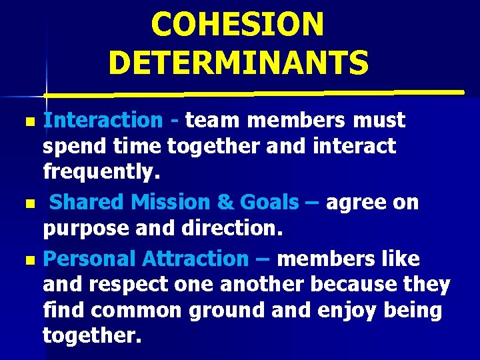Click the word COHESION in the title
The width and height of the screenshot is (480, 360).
pyautogui.click(x=237, y=25)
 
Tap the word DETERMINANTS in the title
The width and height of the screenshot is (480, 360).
pyautogui.click(x=238, y=63)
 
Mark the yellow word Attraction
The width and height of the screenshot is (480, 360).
pyautogui.click(x=194, y=257)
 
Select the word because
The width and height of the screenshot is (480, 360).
pyautogui.click(x=343, y=285)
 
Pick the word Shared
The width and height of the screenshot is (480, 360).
pyautogui.click(x=88, y=202)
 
